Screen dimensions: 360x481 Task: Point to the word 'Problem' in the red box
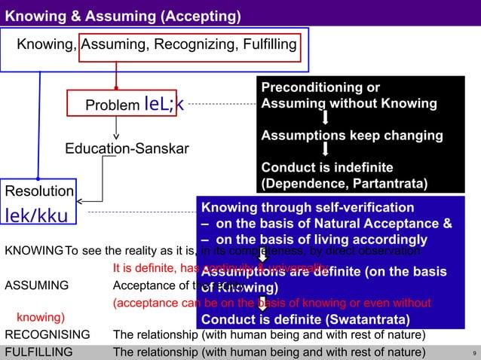coord(112,106)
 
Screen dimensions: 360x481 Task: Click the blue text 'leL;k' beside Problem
coord(162,105)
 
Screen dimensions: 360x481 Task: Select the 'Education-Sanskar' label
coord(127,148)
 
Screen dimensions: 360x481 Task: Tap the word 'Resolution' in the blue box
coord(39,191)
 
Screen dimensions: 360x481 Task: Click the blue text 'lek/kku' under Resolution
coord(37,216)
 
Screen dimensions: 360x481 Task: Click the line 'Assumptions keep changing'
coord(352,136)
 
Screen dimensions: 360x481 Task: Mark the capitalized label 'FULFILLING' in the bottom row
coord(39,352)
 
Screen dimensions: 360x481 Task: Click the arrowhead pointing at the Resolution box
coord(81,201)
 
